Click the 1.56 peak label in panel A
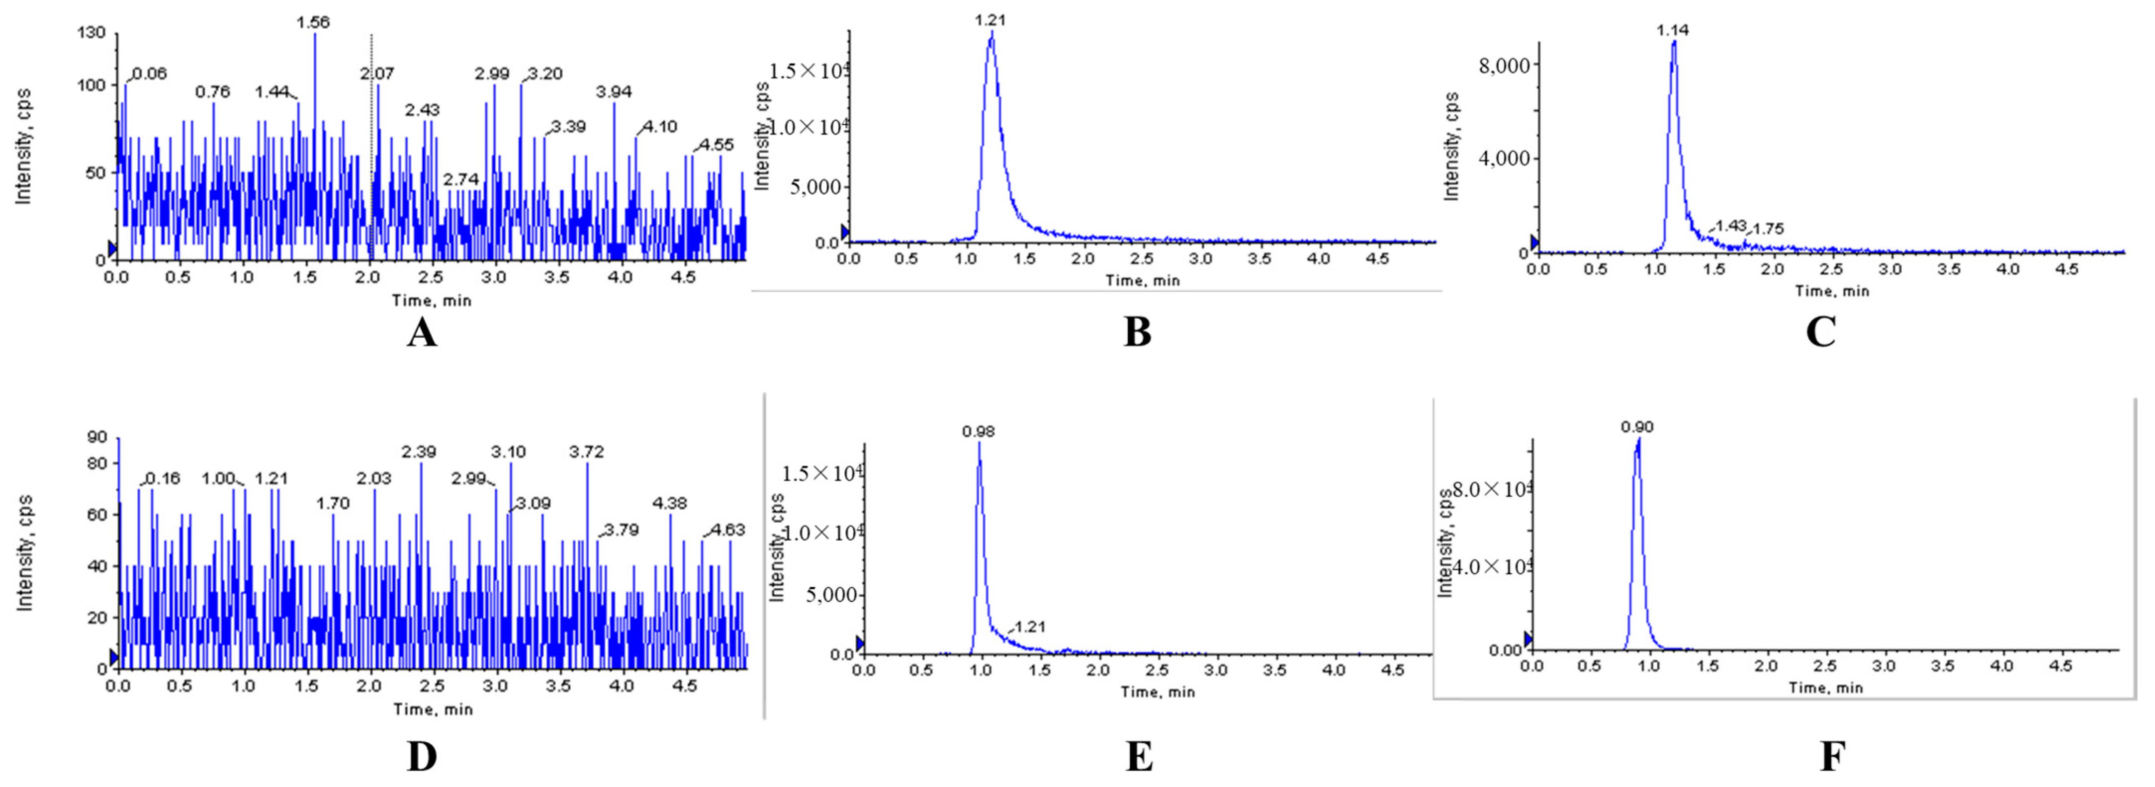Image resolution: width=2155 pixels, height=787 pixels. [313, 22]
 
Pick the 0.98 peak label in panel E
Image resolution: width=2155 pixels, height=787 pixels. [978, 432]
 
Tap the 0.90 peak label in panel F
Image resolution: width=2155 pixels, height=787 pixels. [1637, 427]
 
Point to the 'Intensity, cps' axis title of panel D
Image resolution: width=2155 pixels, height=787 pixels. [25, 553]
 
